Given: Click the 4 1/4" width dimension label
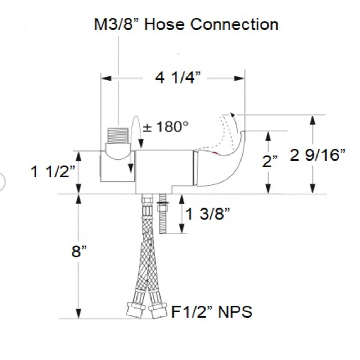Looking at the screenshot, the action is [178, 78].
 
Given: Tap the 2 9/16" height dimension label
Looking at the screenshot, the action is [318, 155].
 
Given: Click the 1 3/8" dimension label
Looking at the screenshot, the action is [207, 214].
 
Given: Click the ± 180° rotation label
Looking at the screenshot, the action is [166, 126].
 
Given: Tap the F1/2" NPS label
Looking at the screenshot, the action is [212, 311].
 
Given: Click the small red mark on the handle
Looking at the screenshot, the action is [215, 153].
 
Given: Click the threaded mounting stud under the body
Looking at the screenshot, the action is [162, 214].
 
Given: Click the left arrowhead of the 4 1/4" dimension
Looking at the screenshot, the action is [106, 78].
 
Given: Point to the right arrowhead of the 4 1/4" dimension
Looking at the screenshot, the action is [239, 78].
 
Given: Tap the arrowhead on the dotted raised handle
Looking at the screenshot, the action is [233, 115].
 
